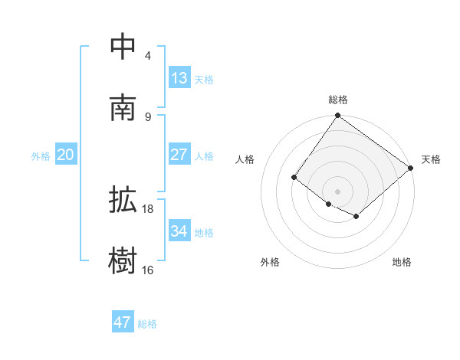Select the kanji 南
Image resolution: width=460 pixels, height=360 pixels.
[123, 107]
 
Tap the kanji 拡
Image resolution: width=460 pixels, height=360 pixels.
[123, 201]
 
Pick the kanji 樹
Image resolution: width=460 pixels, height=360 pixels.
[123, 261]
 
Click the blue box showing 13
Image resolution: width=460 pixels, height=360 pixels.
[179, 78]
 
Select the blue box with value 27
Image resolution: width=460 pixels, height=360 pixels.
[179, 155]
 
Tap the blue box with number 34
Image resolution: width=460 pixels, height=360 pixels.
[179, 231]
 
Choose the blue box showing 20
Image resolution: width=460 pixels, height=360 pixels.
[66, 155]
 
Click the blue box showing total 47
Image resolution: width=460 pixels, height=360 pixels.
[123, 322]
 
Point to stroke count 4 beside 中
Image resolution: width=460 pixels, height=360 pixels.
[148, 55]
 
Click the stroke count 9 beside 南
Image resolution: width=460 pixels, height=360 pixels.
[148, 116]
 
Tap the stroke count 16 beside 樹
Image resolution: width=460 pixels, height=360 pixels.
[148, 270]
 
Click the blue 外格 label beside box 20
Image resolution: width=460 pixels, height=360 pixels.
[41, 156]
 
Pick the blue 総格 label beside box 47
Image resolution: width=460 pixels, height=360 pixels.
[147, 324]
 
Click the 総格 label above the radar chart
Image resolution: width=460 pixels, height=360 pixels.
[337, 100]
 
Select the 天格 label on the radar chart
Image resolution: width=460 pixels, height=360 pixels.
[432, 159]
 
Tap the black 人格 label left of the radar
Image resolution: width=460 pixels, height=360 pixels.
[245, 159]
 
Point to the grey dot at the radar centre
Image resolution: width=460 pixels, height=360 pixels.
[337, 191]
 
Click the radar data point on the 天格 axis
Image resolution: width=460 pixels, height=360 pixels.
[411, 168]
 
